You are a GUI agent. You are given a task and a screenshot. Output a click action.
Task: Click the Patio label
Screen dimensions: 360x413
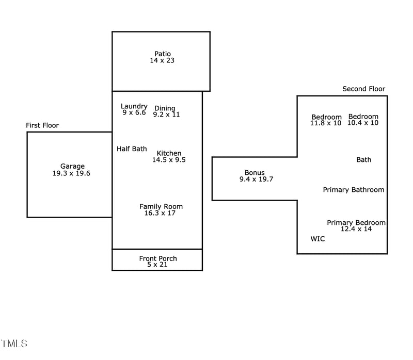pos(162,54)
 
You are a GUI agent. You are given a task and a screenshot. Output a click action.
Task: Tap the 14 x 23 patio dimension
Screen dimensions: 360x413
pos(162,60)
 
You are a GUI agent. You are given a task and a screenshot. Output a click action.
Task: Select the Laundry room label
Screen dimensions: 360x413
pos(134,106)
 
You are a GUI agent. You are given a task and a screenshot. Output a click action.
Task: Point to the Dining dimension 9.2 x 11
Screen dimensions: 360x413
pos(166,114)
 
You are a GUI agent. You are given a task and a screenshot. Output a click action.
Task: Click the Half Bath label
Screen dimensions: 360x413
pos(132,149)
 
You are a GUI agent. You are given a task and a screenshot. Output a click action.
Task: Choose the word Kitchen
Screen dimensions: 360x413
pos(169,153)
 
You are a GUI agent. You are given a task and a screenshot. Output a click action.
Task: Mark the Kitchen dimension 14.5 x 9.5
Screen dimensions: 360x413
pos(169,160)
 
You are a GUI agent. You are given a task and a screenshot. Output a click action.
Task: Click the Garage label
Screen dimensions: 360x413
pos(72,166)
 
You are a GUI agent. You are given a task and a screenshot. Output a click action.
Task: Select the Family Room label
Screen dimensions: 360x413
pos(161,206)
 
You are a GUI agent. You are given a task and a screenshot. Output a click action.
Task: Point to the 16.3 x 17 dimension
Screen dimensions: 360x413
pos(160,213)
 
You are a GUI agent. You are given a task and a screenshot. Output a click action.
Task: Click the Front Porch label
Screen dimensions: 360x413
pos(158,258)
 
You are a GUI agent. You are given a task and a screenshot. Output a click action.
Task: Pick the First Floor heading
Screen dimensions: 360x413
pos(42,125)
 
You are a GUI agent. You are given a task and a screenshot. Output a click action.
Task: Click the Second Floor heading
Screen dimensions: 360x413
pos(364,89)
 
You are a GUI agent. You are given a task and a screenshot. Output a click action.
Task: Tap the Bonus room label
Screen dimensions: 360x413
pos(255,173)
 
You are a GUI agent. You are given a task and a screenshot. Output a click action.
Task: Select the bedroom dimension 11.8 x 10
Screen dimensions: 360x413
pos(326,123)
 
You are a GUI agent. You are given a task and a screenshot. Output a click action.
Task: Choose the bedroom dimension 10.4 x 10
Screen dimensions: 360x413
pos(363,123)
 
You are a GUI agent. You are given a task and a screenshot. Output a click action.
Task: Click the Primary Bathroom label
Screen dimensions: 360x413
pos(354,190)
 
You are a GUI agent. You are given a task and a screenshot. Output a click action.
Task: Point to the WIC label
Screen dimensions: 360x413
pos(317,239)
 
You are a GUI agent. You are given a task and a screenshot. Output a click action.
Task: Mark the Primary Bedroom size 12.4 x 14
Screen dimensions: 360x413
pos(356,229)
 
